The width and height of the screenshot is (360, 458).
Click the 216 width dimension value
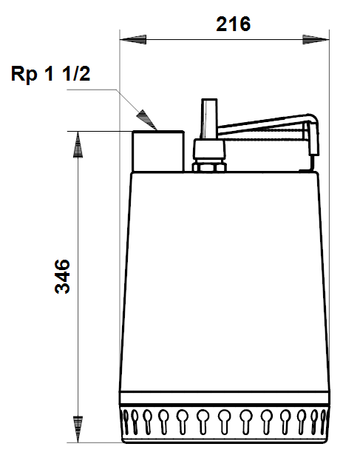click(x=233, y=24)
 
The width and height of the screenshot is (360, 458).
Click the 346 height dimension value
click(x=62, y=276)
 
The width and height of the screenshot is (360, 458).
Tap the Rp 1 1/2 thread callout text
click(x=50, y=73)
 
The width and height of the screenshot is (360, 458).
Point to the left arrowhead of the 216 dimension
click(x=133, y=39)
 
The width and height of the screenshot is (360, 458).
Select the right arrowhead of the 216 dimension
click(x=316, y=39)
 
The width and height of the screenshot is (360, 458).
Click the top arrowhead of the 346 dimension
click(x=78, y=144)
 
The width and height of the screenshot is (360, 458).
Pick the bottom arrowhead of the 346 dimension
click(x=78, y=429)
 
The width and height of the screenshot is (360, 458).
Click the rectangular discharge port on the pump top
click(x=158, y=151)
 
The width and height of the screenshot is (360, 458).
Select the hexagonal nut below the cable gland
click(x=209, y=167)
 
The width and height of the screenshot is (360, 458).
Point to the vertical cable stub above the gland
click(x=209, y=118)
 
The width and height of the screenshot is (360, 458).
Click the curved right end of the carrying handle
click(x=313, y=134)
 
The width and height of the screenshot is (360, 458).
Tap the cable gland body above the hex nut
click(x=209, y=151)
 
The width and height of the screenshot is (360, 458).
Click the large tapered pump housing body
click(x=225, y=281)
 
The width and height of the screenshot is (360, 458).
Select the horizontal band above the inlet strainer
click(x=225, y=398)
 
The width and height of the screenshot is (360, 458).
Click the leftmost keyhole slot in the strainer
click(x=126, y=422)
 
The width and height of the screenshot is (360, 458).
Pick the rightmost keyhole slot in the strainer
click(x=323, y=422)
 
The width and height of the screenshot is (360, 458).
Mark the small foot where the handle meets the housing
click(x=306, y=170)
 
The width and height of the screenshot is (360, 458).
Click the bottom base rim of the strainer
click(x=225, y=440)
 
